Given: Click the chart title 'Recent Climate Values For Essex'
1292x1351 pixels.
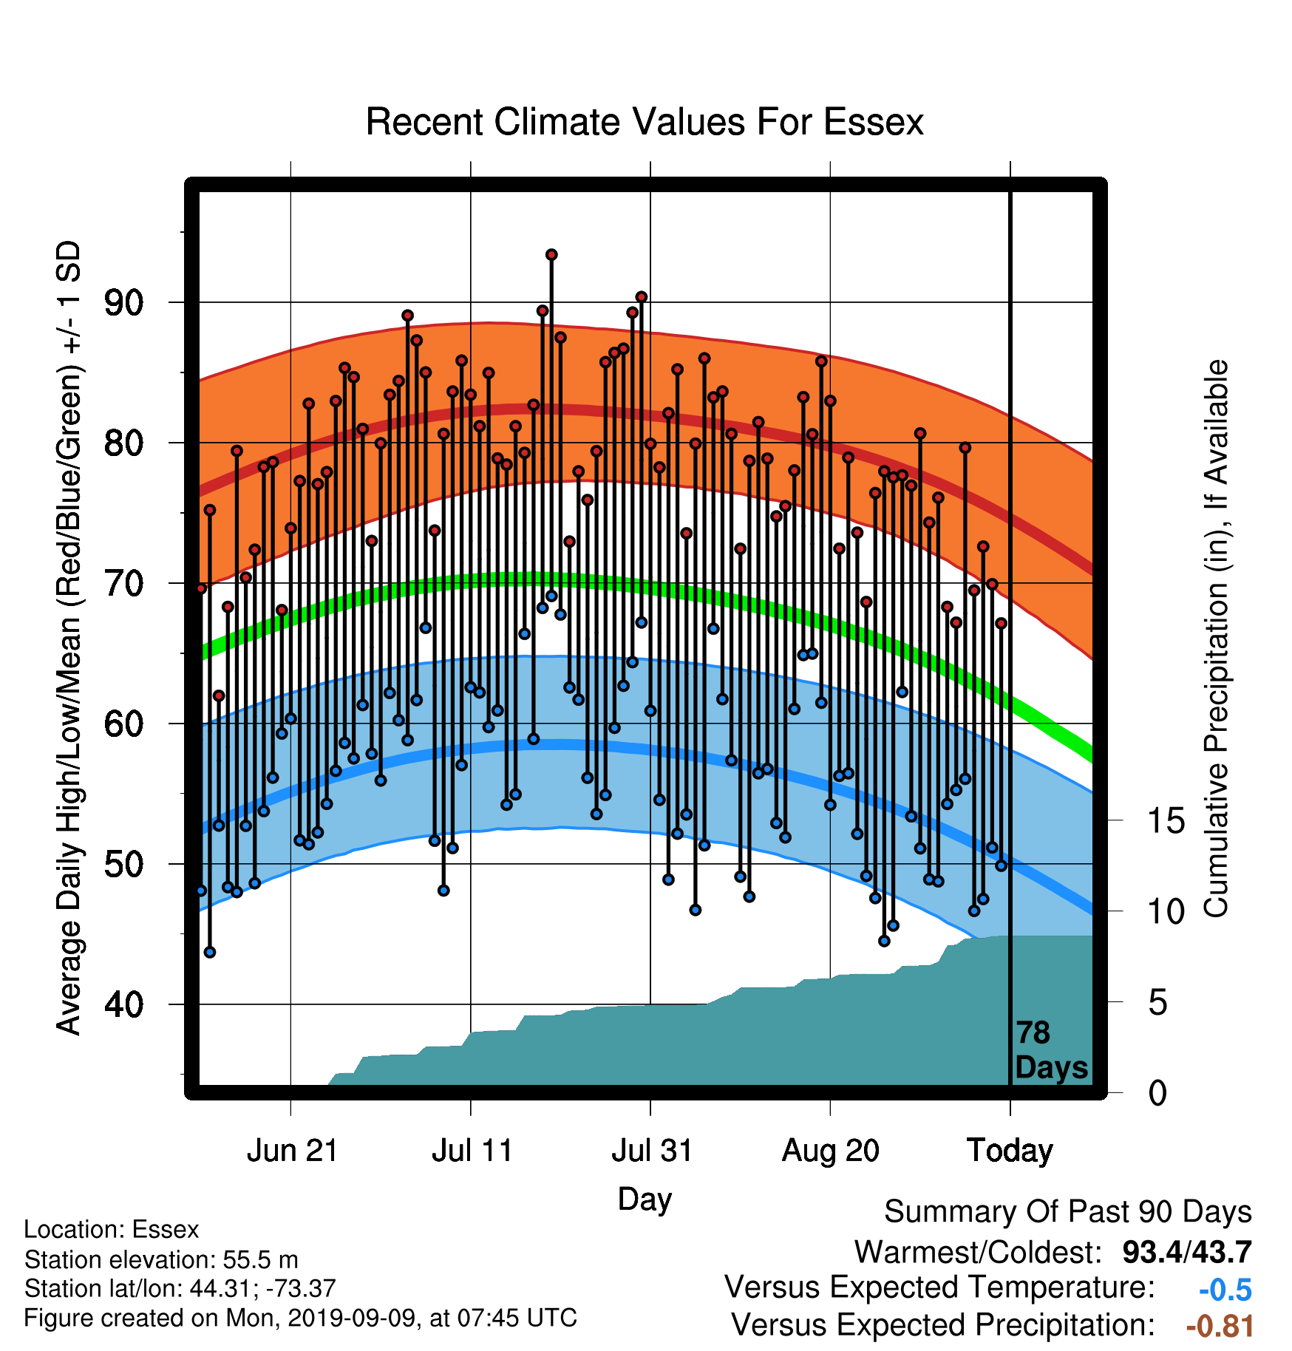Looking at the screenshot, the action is [645, 122].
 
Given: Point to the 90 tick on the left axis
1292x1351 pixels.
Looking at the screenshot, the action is [123, 302].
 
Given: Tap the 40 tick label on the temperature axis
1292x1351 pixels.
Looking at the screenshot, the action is [123, 1004].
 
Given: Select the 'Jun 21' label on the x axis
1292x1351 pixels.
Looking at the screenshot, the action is [292, 1151].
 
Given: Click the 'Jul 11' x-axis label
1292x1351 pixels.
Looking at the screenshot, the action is [472, 1151].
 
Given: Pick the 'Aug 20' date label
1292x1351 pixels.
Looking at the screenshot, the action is [831, 1151].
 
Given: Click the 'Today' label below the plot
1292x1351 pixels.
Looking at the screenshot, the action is [1010, 1151].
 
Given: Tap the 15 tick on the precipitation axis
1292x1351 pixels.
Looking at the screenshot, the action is [1166, 821].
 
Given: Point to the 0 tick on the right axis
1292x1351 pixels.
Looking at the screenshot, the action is [1157, 1092].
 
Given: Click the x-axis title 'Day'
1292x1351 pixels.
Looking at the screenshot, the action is [645, 1199].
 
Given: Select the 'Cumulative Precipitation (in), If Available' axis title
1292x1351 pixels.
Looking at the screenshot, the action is [1216, 639].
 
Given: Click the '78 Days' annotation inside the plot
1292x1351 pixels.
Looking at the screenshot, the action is [1051, 1050].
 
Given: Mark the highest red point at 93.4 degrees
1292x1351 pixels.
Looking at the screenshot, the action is [551, 255].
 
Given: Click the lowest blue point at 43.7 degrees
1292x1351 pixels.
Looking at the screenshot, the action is [210, 952].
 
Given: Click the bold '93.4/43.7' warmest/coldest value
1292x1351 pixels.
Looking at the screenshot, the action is [1187, 1252].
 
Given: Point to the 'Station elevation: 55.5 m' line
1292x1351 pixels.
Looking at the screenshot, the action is [161, 1259].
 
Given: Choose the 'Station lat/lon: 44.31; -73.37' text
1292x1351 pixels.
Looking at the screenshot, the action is [180, 1289].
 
